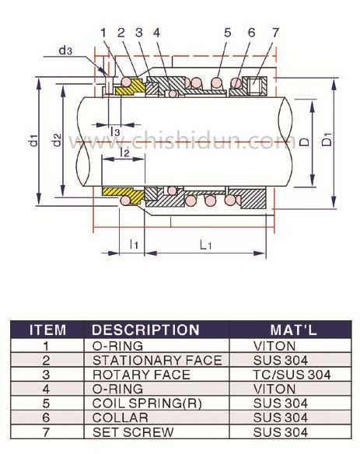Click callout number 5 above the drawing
tap(228, 33)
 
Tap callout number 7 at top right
tap(274, 33)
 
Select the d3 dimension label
tap(65, 51)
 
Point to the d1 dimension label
tap(34, 140)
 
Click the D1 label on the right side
tap(327, 139)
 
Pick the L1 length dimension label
tap(205, 245)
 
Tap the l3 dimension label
tap(115, 131)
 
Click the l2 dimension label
tap(124, 152)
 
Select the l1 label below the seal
tap(134, 244)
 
